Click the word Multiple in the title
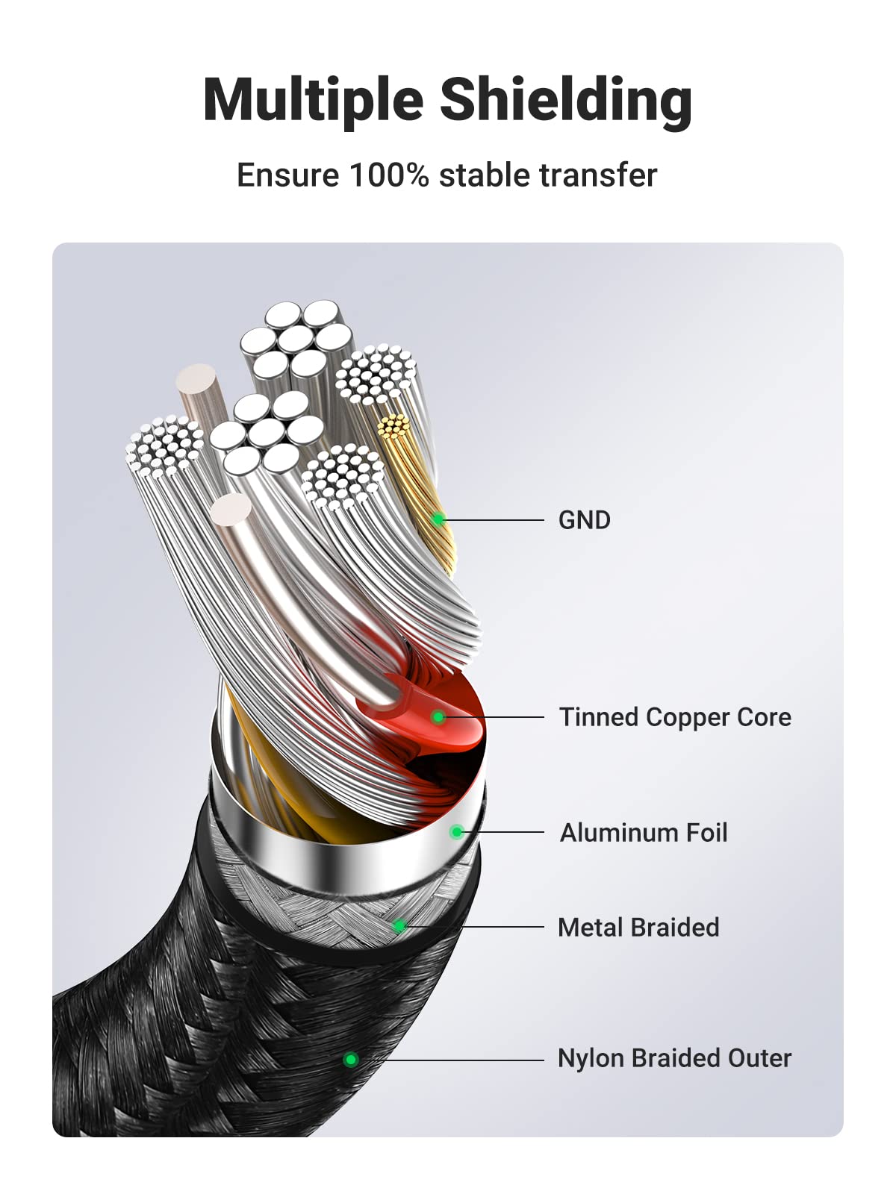[x=314, y=101]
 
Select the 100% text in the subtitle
[x=390, y=175]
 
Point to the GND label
[x=585, y=520]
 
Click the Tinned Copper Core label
[x=675, y=717]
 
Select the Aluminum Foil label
[x=644, y=832]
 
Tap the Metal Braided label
[x=638, y=927]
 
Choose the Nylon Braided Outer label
[x=674, y=1058]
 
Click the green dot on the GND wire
[x=438, y=519]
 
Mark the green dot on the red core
[x=438, y=717]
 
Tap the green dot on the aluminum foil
[x=457, y=832]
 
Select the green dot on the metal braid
[x=400, y=926]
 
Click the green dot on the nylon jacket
[x=351, y=1059]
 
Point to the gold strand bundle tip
[x=393, y=426]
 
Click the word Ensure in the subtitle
[x=288, y=175]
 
